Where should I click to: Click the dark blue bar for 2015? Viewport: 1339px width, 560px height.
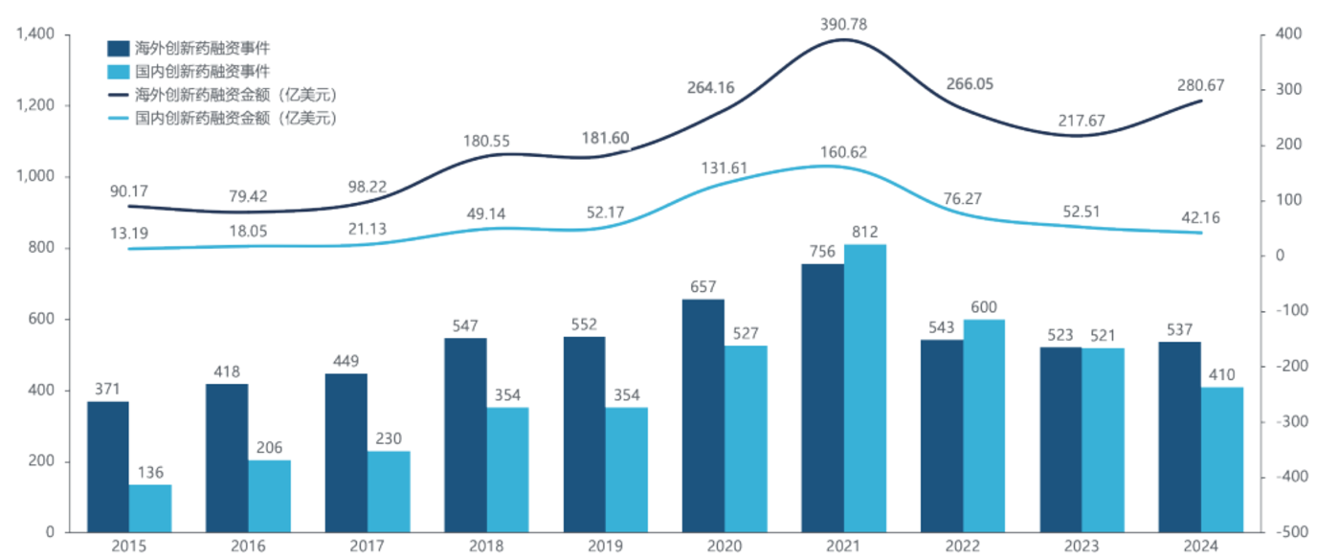(x=107, y=467)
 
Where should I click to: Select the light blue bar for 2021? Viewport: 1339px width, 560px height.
(x=864, y=389)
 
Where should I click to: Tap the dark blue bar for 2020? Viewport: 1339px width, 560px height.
(x=703, y=416)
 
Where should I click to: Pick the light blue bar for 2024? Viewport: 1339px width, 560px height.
(x=1222, y=459)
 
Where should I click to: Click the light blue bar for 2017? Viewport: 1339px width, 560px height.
(x=389, y=492)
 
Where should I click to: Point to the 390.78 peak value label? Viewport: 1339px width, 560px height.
(x=843, y=24)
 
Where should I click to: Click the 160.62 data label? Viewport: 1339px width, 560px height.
(x=843, y=153)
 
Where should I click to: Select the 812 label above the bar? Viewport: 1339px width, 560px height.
(x=865, y=232)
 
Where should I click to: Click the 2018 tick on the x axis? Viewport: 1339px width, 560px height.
(x=486, y=546)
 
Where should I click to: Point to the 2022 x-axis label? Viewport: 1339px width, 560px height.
(x=963, y=546)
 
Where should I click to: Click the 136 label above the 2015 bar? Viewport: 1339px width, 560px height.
(x=150, y=472)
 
